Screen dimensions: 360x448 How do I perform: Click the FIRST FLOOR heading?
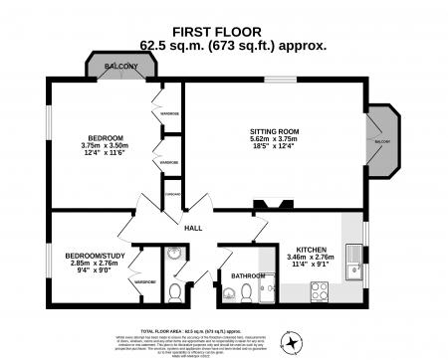(224, 32)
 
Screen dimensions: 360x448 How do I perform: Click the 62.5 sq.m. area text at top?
(224, 44)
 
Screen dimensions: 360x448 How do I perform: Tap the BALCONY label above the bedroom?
(120, 67)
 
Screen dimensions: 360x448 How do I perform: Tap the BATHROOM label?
(247, 275)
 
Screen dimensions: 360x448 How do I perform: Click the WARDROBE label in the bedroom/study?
(145, 281)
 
